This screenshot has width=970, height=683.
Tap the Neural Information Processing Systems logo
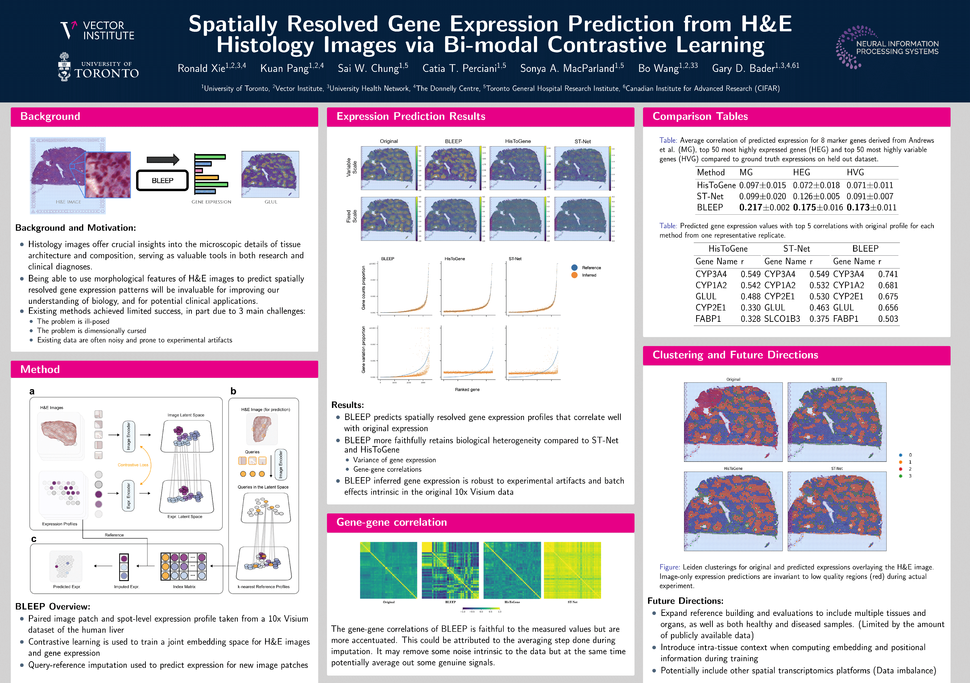(x=887, y=47)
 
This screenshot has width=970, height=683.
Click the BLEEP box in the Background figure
(x=162, y=180)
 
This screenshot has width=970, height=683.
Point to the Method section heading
(x=40, y=369)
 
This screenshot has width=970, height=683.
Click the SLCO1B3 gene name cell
(x=782, y=319)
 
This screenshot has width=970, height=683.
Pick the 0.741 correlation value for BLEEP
(x=888, y=274)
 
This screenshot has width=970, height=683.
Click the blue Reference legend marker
(x=574, y=268)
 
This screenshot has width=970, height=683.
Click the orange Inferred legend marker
(x=574, y=275)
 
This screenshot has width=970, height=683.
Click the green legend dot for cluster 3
(x=901, y=476)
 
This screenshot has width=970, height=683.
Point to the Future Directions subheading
(x=685, y=601)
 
